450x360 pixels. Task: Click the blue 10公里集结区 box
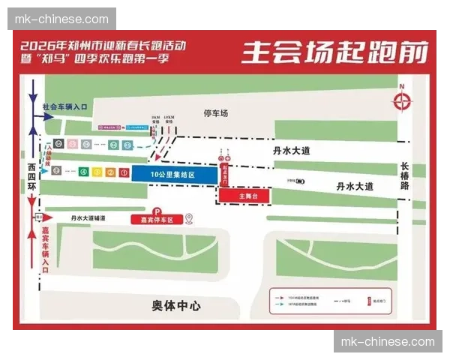(x=174, y=174)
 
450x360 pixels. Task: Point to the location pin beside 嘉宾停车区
(x=190, y=219)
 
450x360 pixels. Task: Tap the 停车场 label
(x=216, y=113)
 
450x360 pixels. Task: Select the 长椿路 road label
(x=406, y=175)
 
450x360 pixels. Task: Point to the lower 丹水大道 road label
(x=354, y=186)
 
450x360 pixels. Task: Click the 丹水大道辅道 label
(x=88, y=218)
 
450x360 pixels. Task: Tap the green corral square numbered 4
(x=82, y=172)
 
